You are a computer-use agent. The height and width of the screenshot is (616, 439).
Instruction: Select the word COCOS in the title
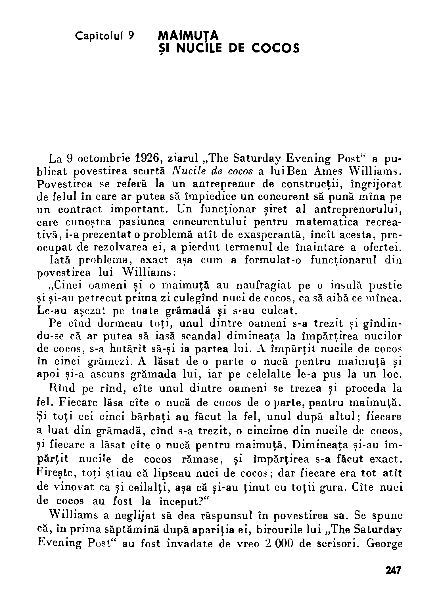point(275,48)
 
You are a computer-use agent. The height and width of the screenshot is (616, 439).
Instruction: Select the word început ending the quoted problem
point(176,501)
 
